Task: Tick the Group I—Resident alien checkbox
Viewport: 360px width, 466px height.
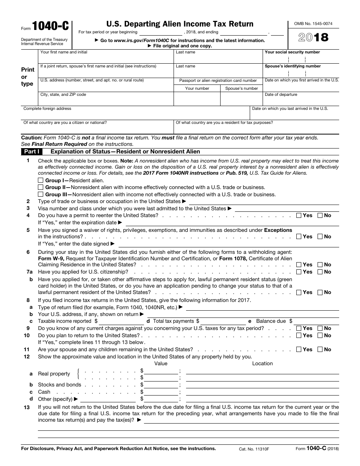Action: [x=41, y=180]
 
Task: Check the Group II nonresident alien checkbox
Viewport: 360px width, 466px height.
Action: [x=41, y=187]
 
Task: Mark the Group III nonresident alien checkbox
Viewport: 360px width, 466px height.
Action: [x=41, y=194]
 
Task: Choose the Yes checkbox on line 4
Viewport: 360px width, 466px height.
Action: [x=299, y=215]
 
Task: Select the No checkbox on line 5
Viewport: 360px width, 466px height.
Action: [x=320, y=236]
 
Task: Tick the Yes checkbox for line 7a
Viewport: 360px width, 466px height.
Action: [x=299, y=272]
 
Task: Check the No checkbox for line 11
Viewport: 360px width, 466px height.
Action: [x=320, y=349]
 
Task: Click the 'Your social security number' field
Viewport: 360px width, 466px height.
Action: [x=301, y=59]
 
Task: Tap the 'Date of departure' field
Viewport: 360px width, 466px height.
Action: [x=301, y=101]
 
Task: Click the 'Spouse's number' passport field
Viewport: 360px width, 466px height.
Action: [x=241, y=99]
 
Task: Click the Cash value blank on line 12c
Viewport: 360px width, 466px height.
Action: [x=161, y=392]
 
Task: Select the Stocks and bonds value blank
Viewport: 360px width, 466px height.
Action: [x=161, y=385]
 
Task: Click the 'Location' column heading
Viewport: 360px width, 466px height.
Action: [x=262, y=363]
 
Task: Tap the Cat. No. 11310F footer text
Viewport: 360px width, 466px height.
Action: [x=254, y=449]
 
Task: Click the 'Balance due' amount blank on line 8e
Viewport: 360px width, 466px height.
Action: [x=316, y=321]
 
